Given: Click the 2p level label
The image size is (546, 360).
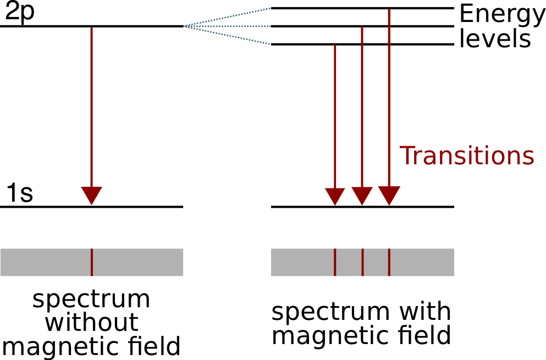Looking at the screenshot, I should point(19,12).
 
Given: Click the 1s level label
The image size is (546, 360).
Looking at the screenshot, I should point(19,193).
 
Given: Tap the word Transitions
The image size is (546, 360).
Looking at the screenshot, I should point(466,156).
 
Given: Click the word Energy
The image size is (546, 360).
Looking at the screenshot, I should point(502,15).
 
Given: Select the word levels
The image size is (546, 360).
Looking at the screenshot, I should point(495,39).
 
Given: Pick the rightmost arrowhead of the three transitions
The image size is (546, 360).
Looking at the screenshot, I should point(389,195).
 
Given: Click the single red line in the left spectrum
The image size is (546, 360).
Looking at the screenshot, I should point(91,262).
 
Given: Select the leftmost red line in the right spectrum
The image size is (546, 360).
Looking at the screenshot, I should point(335,262).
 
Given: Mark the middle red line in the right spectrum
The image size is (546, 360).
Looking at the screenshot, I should point(362,262).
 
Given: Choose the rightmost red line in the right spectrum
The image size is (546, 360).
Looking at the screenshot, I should point(389,262).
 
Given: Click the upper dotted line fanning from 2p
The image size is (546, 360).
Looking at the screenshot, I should point(228,17).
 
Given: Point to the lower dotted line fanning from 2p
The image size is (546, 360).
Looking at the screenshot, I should point(228,35).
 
